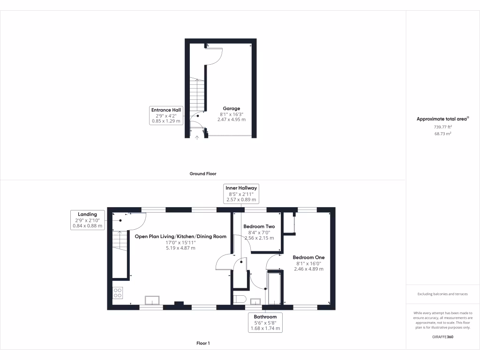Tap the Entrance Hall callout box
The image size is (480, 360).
click(x=166, y=115)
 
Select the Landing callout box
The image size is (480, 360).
click(x=88, y=220)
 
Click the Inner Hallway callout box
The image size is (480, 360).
click(x=241, y=194)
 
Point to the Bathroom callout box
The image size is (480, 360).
click(x=265, y=323)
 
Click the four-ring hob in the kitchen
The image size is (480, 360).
click(x=118, y=293)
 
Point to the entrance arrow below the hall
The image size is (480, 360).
click(x=197, y=137)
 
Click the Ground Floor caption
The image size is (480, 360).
click(x=203, y=173)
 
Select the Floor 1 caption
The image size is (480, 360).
click(x=203, y=343)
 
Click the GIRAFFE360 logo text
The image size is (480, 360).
click(x=442, y=337)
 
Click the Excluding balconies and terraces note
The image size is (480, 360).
click(x=442, y=294)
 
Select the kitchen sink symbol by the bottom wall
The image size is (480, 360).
click(x=152, y=300)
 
